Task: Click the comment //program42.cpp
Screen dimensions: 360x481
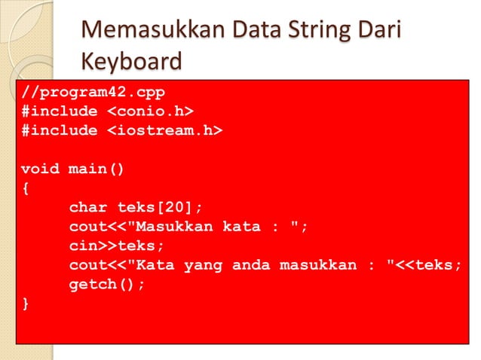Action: tap(93, 92)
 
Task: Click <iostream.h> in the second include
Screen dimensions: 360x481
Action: tap(164, 130)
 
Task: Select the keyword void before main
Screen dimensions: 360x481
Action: tap(41, 169)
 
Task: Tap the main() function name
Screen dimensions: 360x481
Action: tap(97, 169)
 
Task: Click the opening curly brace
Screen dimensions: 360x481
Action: tap(26, 188)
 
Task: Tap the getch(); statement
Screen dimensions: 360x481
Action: tap(106, 285)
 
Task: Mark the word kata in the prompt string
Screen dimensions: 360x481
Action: tap(240, 227)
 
